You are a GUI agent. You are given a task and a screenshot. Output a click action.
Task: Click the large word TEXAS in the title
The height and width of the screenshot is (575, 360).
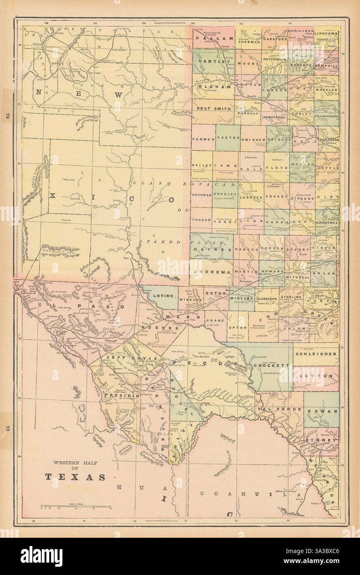75,477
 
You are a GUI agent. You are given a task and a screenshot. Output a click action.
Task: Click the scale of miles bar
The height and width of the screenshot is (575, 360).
76,507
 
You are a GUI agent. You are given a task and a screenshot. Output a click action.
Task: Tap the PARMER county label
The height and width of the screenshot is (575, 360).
203,139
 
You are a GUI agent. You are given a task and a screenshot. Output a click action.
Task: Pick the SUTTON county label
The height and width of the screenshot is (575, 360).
316,376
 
